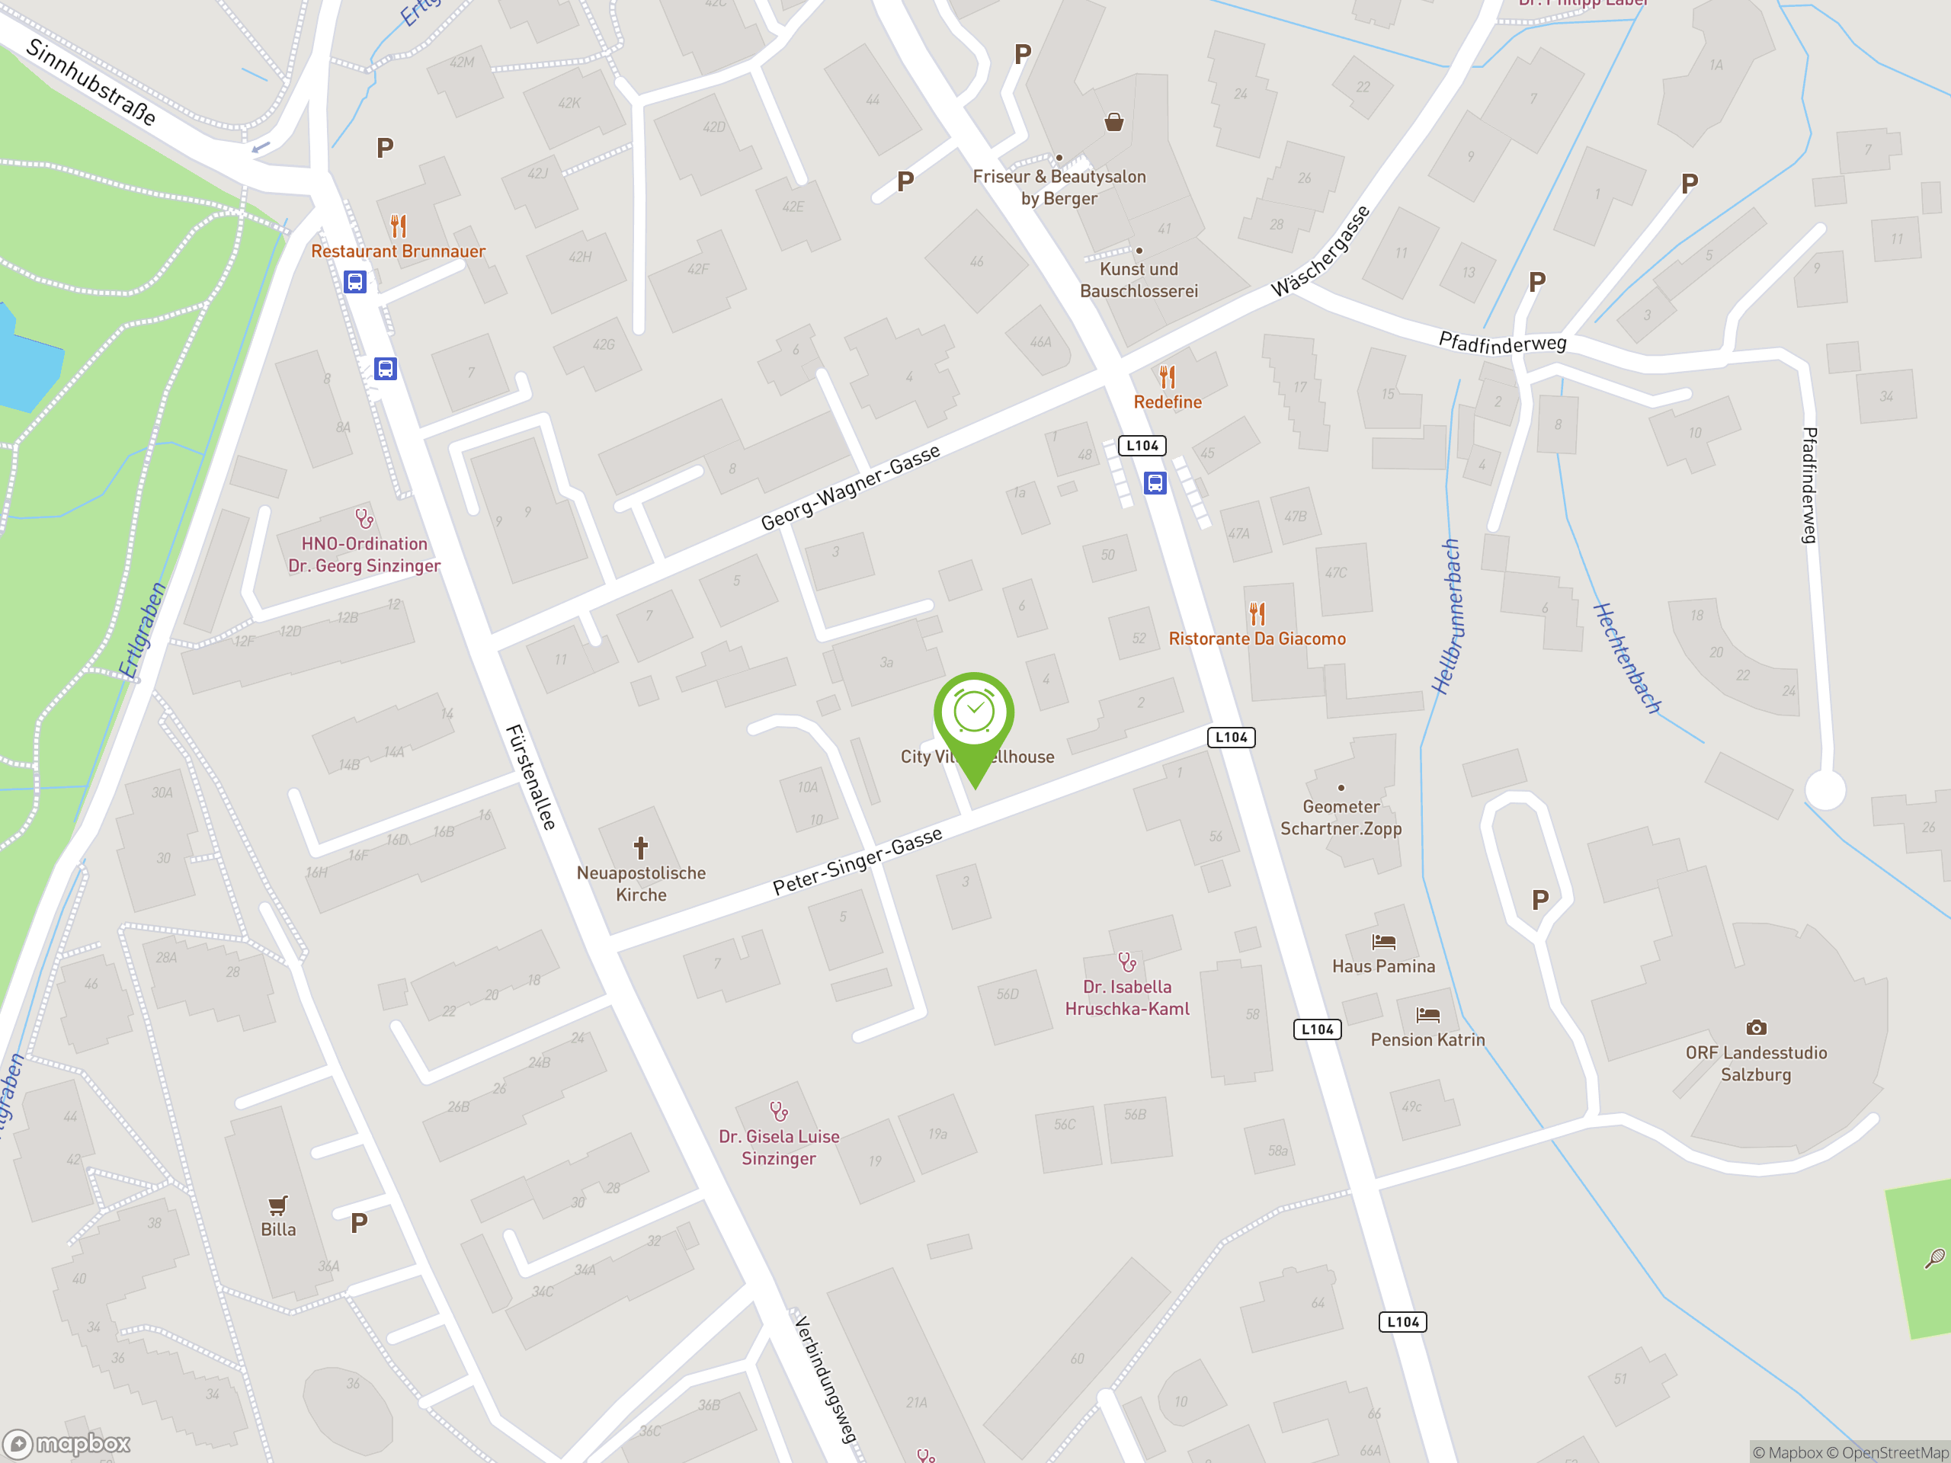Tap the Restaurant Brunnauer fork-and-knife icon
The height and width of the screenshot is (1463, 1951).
click(x=399, y=226)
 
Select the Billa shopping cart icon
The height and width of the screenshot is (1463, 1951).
click(x=278, y=1205)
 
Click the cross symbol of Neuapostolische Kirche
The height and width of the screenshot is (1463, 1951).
click(x=641, y=848)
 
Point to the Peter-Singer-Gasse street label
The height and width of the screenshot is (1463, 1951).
click(x=857, y=861)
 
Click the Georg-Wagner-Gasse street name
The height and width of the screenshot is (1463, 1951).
click(x=851, y=488)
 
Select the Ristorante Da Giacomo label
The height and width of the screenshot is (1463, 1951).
click(x=1257, y=639)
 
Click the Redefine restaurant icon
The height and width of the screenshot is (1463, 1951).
click(x=1168, y=377)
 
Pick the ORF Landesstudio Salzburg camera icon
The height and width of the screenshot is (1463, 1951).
click(x=1756, y=1027)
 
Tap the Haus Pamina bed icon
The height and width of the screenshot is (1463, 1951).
click(x=1384, y=942)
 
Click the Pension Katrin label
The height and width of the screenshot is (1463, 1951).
click(x=1427, y=1039)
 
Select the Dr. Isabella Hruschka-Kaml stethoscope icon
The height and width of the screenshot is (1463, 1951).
click(x=1126, y=961)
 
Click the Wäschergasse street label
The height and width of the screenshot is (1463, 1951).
click(x=1321, y=251)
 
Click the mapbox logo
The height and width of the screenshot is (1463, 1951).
click(x=67, y=1444)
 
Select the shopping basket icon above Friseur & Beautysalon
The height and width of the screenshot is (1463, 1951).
click(x=1114, y=122)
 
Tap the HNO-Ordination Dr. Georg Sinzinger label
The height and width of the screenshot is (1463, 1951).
click(x=364, y=555)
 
